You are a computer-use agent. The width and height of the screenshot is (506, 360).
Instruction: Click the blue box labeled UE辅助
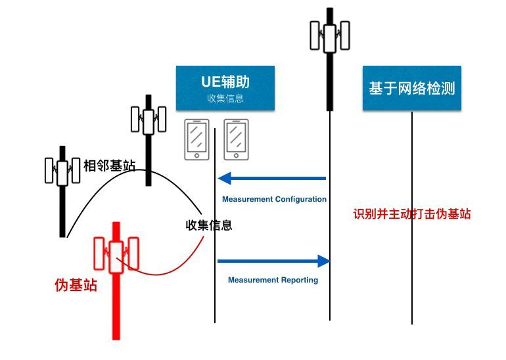point(225,88)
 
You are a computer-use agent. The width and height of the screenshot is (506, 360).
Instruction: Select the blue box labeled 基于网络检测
point(412,88)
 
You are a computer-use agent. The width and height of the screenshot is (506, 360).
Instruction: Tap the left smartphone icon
point(196,139)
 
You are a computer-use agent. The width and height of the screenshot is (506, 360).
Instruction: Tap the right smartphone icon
point(237,139)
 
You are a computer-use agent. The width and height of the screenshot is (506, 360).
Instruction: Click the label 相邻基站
point(109,166)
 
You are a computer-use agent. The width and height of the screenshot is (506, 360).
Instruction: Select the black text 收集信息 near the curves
point(208,225)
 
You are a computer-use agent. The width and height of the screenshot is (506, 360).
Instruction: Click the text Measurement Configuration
point(274,199)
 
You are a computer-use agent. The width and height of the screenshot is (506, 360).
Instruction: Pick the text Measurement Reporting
point(273,280)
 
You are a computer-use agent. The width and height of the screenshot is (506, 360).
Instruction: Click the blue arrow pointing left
point(272,178)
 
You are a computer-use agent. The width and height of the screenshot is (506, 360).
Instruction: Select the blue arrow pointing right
point(273,261)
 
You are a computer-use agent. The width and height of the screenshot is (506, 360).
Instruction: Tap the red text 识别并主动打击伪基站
point(412,214)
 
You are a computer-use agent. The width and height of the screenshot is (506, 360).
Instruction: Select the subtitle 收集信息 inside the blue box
point(225,99)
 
